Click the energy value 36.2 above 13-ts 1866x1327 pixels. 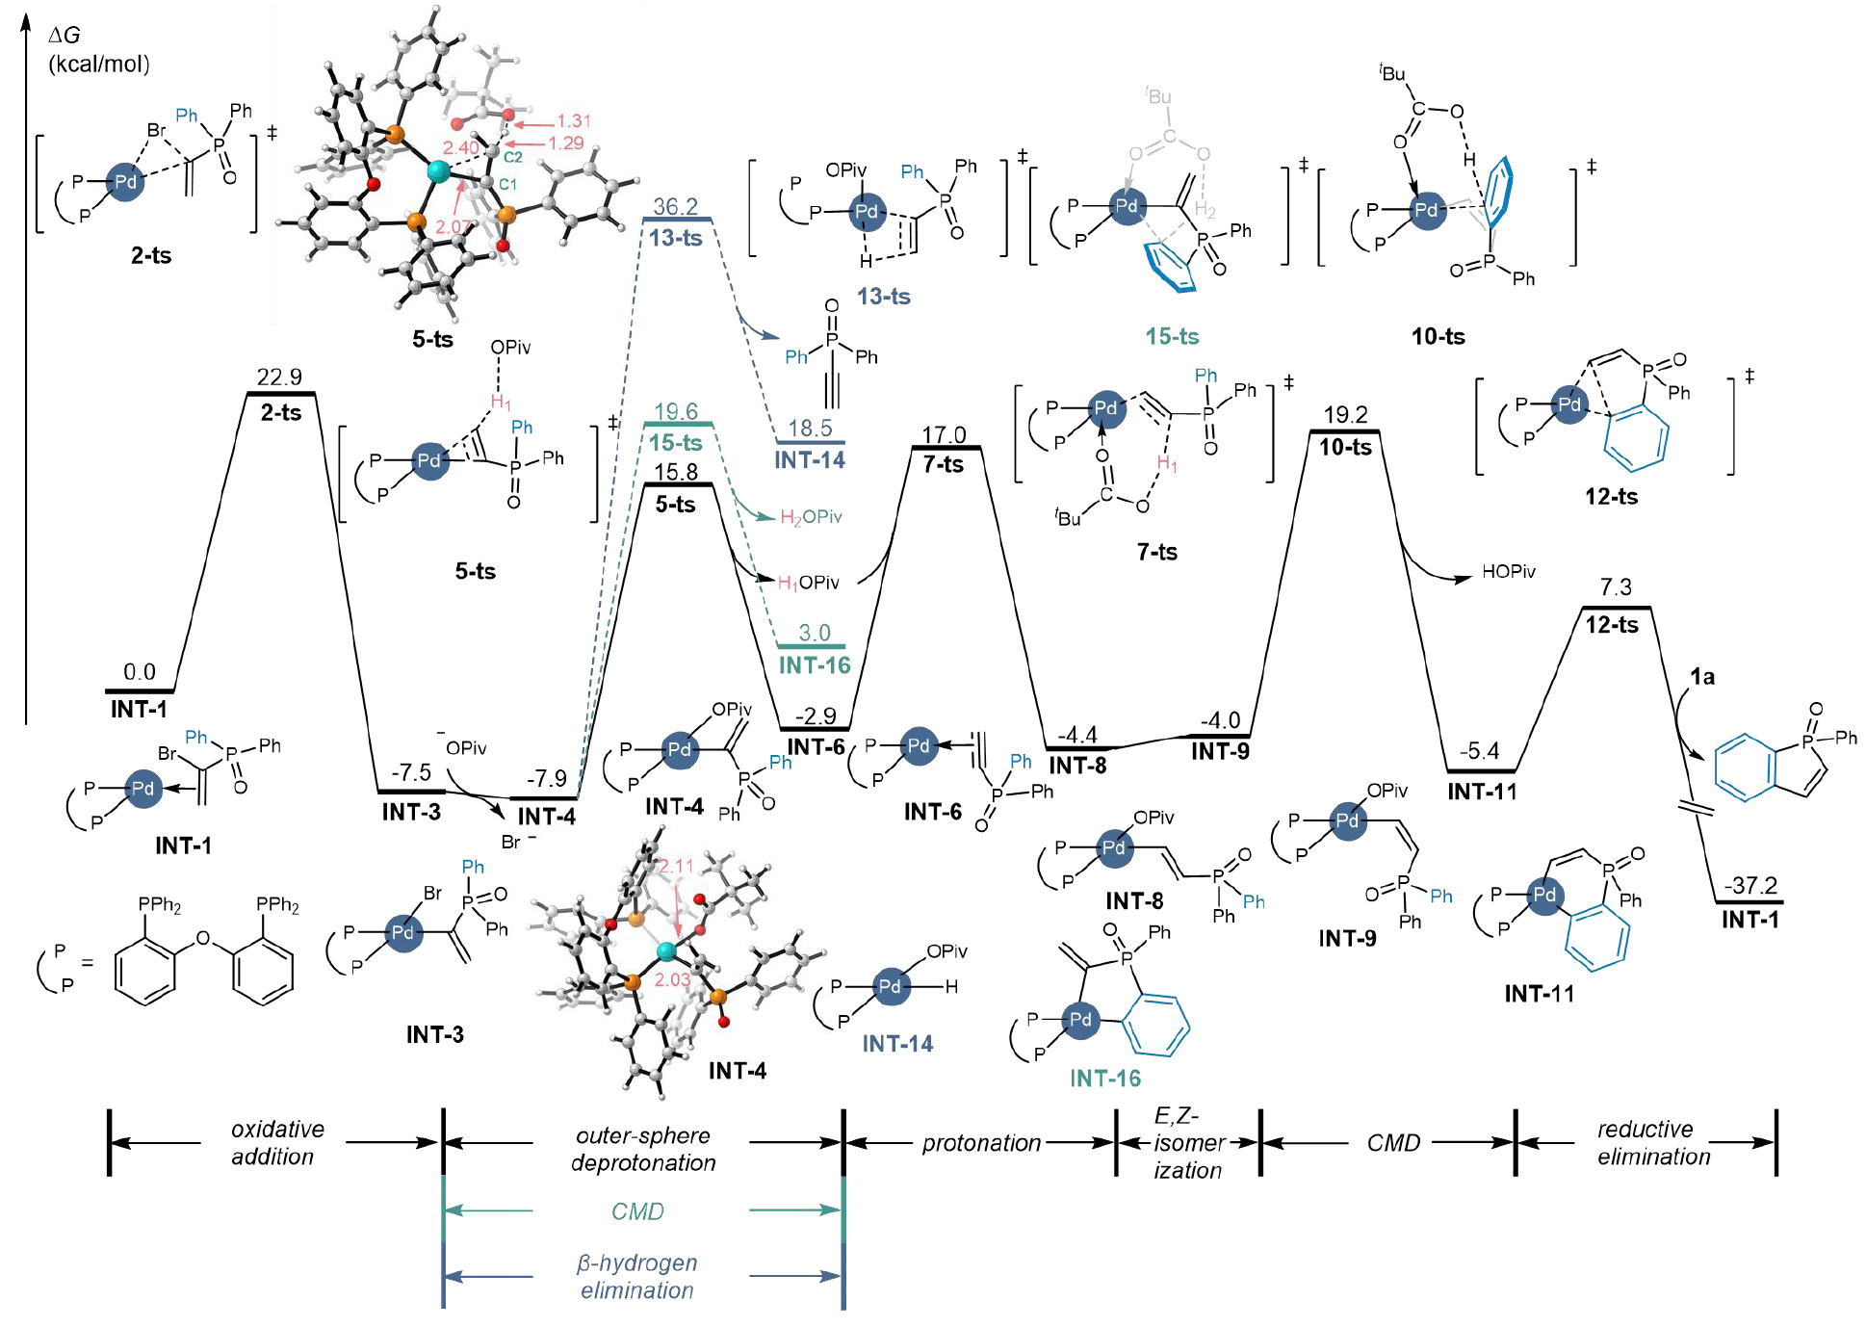coord(675,207)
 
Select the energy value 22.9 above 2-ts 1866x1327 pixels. coord(279,377)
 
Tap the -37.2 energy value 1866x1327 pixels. coord(1749,885)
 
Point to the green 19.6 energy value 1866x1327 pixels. coord(676,412)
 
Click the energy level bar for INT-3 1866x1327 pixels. coord(411,792)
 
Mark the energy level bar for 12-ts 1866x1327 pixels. coord(1616,608)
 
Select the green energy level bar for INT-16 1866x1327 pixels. coord(811,646)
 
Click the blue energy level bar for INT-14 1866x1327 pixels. coord(809,442)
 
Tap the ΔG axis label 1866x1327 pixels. coord(65,36)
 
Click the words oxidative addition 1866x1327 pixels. coord(276,1142)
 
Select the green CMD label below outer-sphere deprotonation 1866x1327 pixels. coord(637,1210)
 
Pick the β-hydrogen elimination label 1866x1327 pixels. coord(636,1276)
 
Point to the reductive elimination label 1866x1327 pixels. coord(1653,1142)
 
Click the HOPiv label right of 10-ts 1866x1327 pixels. coord(1508,571)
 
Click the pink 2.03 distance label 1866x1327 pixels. coord(672,979)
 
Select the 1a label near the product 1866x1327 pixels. coord(1702,677)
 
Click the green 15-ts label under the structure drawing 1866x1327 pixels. coord(1172,336)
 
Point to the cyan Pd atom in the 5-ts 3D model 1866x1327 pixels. coord(438,171)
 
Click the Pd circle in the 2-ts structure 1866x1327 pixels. coord(126,182)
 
